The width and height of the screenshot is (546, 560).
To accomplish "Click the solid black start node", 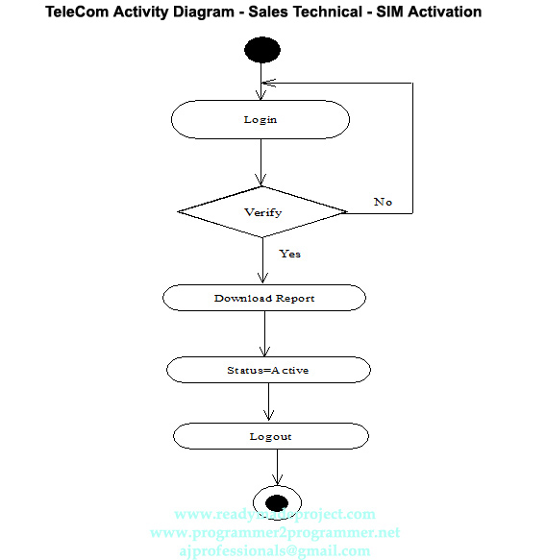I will coord(262,49).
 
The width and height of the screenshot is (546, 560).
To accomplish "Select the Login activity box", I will coord(260,119).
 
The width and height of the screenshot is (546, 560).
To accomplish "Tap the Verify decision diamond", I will coord(262,212).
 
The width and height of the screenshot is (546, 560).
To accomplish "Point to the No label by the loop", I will coord(383,202).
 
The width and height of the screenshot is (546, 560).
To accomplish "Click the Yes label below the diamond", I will coord(289,254).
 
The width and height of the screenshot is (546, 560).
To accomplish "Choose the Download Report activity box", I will coord(264,298).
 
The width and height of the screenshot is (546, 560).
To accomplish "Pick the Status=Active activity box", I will coord(268,370).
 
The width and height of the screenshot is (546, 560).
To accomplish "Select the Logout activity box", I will coord(270,436).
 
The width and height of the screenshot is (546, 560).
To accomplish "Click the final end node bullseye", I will coord(277,500).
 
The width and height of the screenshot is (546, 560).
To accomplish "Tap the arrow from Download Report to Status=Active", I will coord(264,333).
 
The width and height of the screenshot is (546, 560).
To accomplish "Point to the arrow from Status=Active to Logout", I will coord(269,402).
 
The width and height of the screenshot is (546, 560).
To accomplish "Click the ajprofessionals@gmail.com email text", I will coord(275,550).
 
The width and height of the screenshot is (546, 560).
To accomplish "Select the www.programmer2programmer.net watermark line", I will coord(275,532).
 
